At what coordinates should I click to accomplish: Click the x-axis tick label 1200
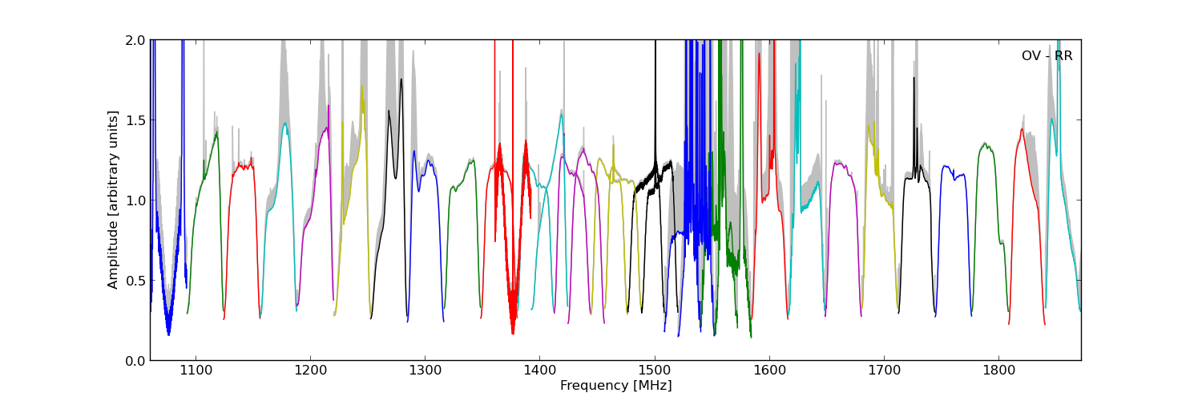click(x=309, y=371)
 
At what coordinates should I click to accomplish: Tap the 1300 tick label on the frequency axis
click(x=425, y=371)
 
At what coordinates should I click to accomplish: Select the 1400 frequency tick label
click(x=539, y=371)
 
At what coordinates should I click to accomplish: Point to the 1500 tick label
click(x=655, y=371)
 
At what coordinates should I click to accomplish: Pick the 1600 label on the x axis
click(x=769, y=371)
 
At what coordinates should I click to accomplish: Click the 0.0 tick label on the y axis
click(x=135, y=361)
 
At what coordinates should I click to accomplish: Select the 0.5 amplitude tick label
click(x=135, y=281)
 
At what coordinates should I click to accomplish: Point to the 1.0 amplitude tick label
click(x=135, y=200)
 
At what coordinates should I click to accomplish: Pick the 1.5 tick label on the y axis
click(x=135, y=120)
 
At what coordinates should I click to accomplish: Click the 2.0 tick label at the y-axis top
click(x=135, y=41)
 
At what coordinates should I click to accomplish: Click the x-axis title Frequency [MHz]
click(x=615, y=386)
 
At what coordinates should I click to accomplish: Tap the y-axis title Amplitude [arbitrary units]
click(x=113, y=200)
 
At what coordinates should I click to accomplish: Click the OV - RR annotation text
click(x=1047, y=56)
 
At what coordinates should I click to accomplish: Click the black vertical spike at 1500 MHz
click(x=655, y=96)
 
